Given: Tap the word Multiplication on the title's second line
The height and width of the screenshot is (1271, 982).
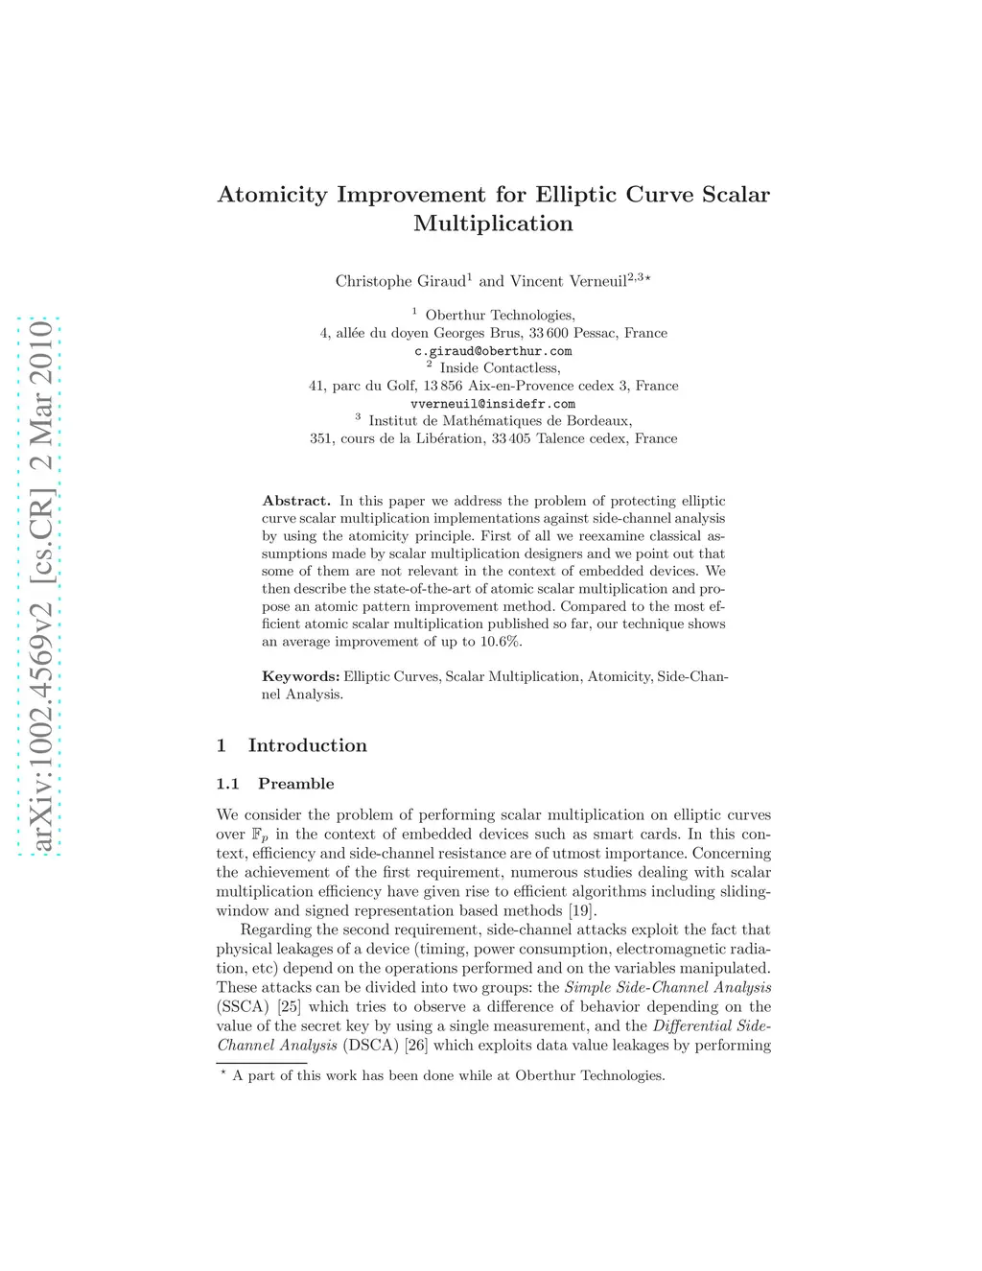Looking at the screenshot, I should [493, 224].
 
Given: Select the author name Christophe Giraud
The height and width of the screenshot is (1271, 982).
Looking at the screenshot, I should [400, 281].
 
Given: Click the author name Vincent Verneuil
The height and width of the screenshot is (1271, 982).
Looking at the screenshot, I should [568, 281].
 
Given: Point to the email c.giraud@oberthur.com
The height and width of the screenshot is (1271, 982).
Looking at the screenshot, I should [493, 351].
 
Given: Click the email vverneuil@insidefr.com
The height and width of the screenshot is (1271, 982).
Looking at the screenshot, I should [493, 404].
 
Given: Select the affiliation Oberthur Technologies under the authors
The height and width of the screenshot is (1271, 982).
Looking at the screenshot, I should [500, 316].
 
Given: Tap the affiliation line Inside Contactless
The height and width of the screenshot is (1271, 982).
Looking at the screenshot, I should [500, 368].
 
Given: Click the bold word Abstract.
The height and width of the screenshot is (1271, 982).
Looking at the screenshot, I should [296, 501].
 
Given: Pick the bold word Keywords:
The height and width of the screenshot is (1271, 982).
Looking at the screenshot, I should [300, 676].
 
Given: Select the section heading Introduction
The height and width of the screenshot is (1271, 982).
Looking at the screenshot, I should [307, 745].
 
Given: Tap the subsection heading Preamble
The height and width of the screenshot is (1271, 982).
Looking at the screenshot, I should [295, 784].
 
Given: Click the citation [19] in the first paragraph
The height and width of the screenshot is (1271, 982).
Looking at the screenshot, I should [582, 910].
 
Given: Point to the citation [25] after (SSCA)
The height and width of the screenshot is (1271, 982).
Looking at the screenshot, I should [289, 1006].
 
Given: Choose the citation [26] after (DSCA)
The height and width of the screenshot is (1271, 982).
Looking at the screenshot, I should [416, 1045].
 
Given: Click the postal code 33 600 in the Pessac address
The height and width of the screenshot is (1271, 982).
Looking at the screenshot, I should [549, 333].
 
